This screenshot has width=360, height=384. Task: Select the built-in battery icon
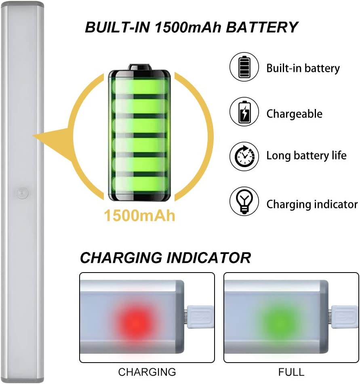click(244, 67)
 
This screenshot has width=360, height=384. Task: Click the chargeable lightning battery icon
click(244, 113)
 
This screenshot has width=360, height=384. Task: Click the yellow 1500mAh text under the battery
click(140, 215)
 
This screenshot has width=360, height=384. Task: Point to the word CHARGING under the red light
click(147, 371)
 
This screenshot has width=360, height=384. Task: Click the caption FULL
click(291, 371)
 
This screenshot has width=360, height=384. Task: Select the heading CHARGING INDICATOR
click(165, 258)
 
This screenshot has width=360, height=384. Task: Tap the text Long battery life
click(306, 155)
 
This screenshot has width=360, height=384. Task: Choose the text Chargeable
click(294, 114)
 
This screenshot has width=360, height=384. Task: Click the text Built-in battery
click(303, 68)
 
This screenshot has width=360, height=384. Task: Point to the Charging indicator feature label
click(312, 204)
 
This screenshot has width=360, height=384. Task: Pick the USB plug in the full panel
click(345, 317)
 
